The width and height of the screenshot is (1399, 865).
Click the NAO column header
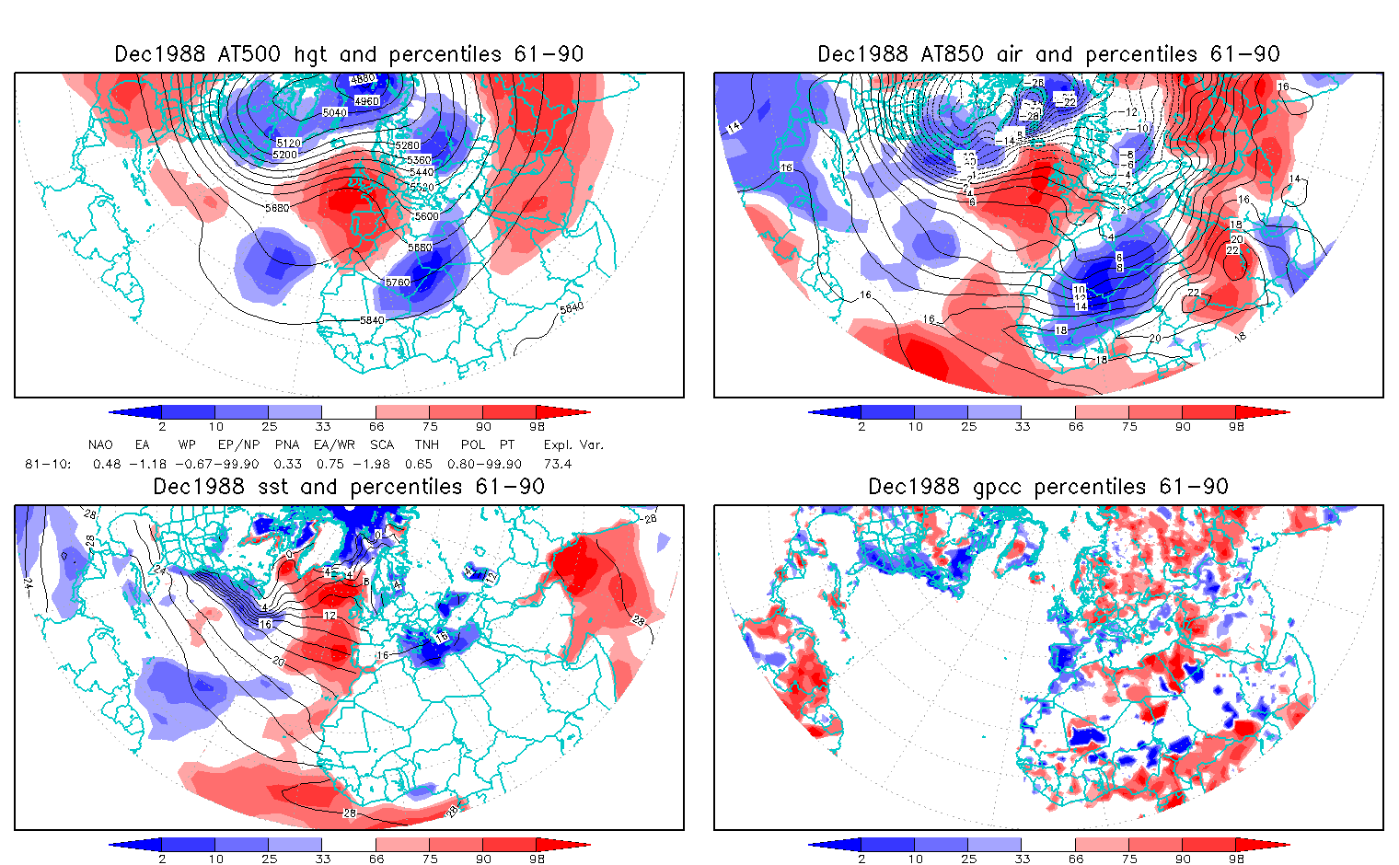100,444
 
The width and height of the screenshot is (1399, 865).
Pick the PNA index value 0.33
287,464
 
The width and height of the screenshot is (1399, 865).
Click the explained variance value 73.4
558,464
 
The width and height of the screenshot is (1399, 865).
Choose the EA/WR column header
334,444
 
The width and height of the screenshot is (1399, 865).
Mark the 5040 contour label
335,112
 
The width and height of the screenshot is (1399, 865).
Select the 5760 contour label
398,283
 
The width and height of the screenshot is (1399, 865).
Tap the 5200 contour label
284,155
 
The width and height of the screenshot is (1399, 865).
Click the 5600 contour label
426,216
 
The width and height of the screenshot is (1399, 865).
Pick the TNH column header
426,444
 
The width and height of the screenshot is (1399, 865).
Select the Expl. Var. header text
573,444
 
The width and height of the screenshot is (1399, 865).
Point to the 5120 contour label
288,144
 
